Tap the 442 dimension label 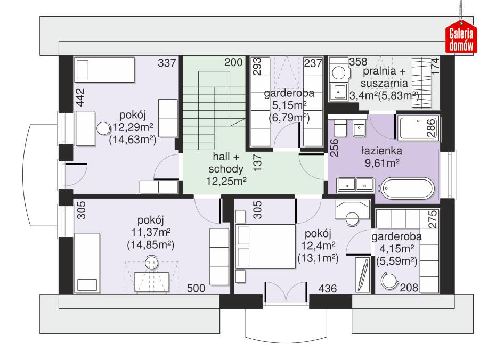(79, 99)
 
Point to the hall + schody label (226, 170)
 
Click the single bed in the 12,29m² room (104, 70)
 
